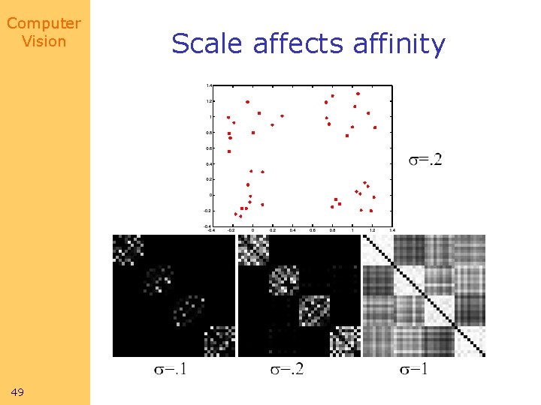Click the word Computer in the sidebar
pyautogui.click(x=44, y=23)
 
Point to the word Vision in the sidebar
pyautogui.click(x=44, y=41)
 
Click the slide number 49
pyautogui.click(x=19, y=392)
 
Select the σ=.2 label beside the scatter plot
pyautogui.click(x=425, y=159)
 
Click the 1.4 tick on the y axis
pyautogui.click(x=208, y=85)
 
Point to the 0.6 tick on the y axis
pyautogui.click(x=208, y=148)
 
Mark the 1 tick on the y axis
pyautogui.click(x=210, y=117)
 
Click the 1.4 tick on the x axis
pyautogui.click(x=392, y=230)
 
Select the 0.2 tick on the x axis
pyautogui.click(x=272, y=230)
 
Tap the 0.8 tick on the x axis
pyautogui.click(x=332, y=230)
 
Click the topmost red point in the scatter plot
pyautogui.click(x=358, y=94)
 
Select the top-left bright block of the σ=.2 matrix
pyautogui.click(x=253, y=250)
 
